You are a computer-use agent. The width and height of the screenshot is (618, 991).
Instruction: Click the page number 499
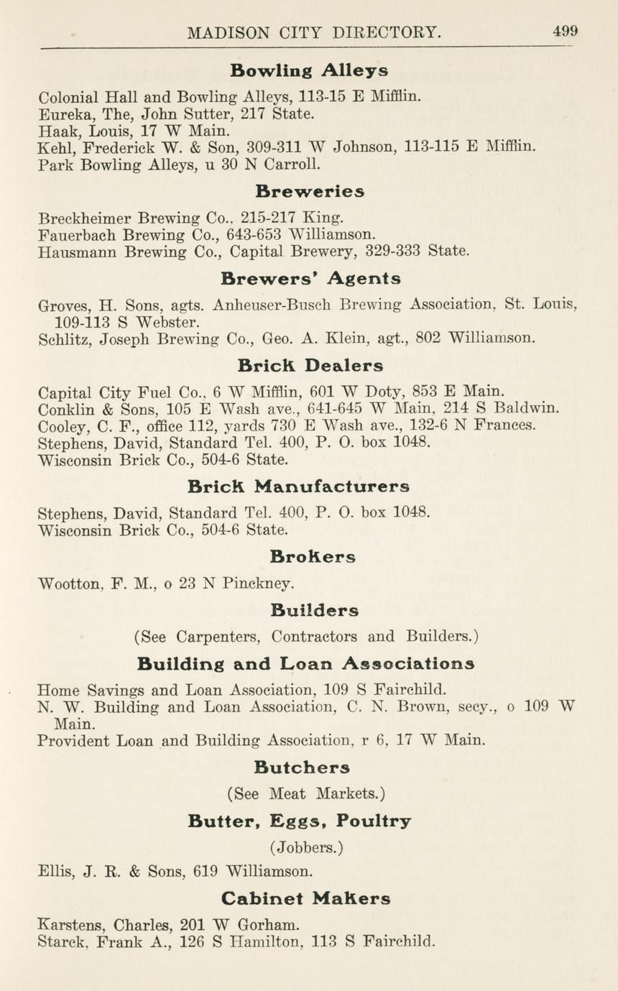pyautogui.click(x=565, y=31)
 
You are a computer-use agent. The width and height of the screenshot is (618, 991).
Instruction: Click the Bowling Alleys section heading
pyautogui.click(x=309, y=70)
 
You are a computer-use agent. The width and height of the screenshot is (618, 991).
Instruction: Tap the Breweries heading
pyautogui.click(x=309, y=192)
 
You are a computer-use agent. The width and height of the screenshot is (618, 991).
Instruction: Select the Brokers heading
pyautogui.click(x=313, y=557)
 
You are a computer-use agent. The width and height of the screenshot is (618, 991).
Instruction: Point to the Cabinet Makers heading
pyautogui.click(x=306, y=898)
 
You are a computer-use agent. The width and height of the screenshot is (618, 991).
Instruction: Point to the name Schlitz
pyautogui.click(x=63, y=339)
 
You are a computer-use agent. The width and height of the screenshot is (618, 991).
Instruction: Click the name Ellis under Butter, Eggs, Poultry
pyautogui.click(x=55, y=872)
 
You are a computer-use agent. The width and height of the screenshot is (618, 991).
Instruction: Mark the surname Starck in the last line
pyautogui.click(x=61, y=942)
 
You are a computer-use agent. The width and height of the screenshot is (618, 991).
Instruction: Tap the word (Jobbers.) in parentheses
pyautogui.click(x=306, y=847)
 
